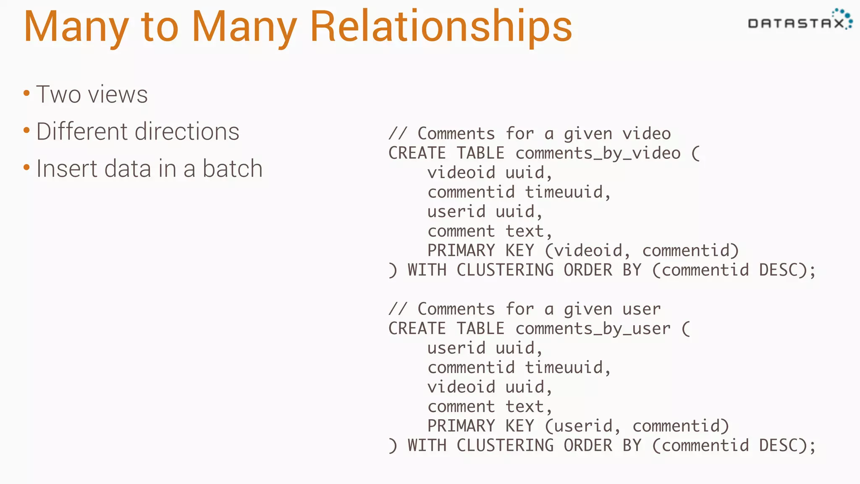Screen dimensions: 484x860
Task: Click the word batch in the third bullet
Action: tap(233, 168)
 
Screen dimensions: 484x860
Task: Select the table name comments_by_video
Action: tap(598, 153)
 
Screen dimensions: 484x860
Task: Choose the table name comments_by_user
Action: tap(593, 329)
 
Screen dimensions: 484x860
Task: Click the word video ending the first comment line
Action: tap(646, 134)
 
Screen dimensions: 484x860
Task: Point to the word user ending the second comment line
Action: tap(641, 309)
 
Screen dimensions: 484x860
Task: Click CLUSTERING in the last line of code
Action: tap(505, 445)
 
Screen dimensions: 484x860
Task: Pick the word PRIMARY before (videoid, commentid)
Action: tap(461, 250)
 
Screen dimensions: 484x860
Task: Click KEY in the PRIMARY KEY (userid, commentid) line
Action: tap(519, 426)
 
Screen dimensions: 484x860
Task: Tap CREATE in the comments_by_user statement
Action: tap(417, 329)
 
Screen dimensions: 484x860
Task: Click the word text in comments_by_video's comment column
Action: tap(524, 231)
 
